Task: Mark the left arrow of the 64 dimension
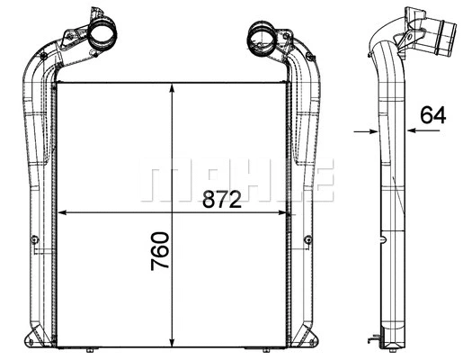(x=370, y=131)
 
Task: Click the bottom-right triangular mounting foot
(x=319, y=340)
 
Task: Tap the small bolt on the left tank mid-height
(x=34, y=239)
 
